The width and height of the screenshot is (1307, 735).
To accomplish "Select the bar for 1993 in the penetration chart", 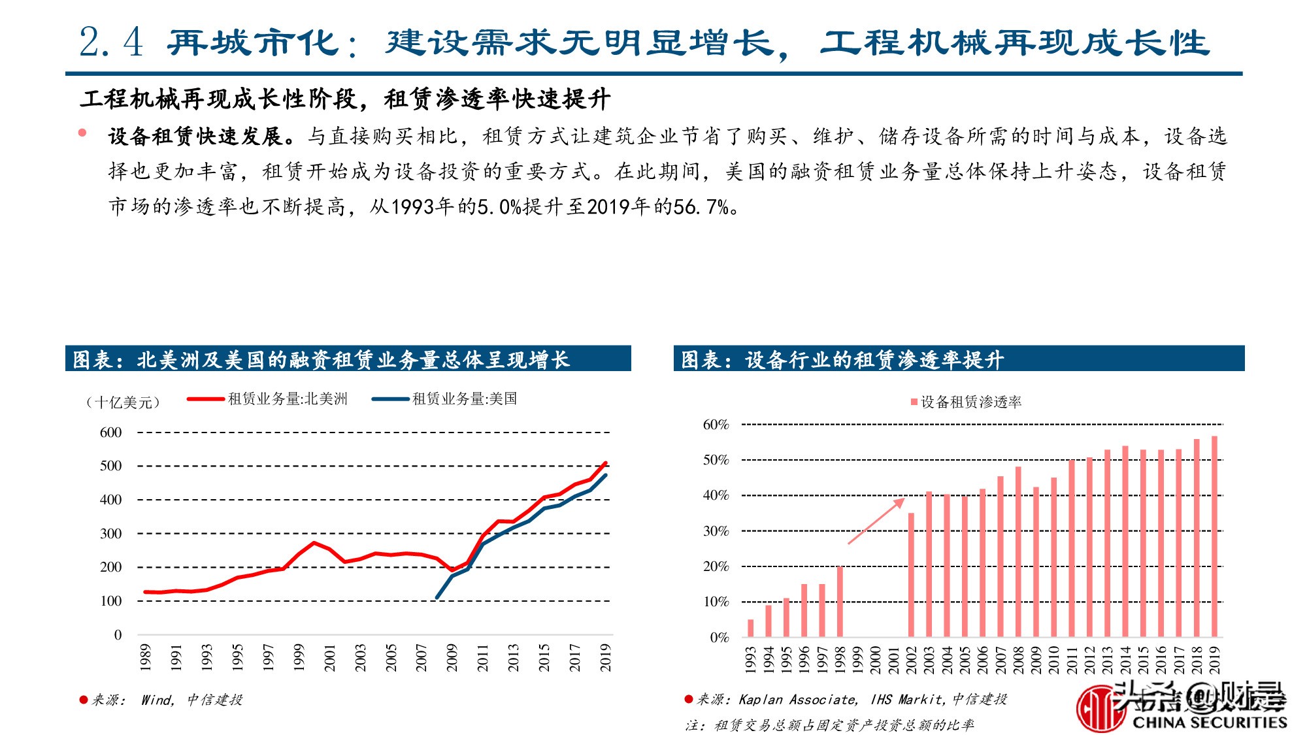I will click(750, 628).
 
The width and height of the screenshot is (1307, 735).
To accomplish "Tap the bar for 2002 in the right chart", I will click(911, 575).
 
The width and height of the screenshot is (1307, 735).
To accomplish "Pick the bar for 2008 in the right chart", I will click(1018, 552).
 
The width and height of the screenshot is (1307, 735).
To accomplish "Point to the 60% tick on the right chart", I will click(716, 425).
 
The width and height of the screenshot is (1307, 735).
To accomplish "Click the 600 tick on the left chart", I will click(111, 433).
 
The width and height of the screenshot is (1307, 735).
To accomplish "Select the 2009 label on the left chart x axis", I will click(452, 657).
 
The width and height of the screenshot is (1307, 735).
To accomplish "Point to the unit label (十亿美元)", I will click(123, 402).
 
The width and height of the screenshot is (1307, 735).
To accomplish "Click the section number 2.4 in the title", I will click(110, 43).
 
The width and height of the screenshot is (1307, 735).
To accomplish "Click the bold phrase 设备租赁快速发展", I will click(195, 137).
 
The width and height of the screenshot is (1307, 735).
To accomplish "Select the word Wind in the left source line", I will click(156, 700).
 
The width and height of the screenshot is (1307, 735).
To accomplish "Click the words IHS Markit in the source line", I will click(907, 699).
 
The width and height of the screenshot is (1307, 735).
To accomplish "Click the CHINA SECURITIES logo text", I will click(1209, 722).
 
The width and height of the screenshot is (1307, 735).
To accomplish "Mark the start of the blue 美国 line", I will click(437, 597).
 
